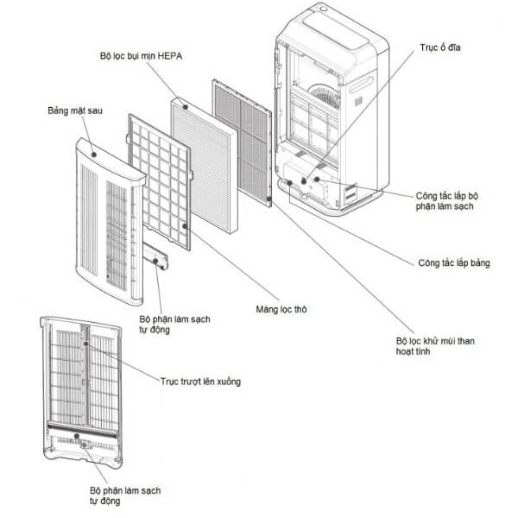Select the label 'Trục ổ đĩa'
(432, 47)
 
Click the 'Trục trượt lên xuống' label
(200, 381)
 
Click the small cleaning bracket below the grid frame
(158, 257)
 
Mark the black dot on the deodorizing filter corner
(269, 199)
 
